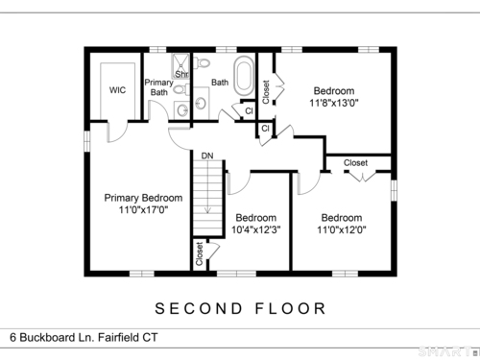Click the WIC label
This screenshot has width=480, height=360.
pyautogui.click(x=117, y=90)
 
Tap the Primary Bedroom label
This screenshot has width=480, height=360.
pyautogui.click(x=143, y=198)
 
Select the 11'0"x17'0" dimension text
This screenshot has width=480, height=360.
pyautogui.click(x=143, y=210)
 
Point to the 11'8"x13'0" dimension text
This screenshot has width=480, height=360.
pyautogui.click(x=334, y=103)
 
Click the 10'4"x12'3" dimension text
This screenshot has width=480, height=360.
pyautogui.click(x=256, y=229)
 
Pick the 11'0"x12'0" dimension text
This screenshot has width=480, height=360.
pyautogui.click(x=342, y=229)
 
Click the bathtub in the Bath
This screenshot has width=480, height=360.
pyautogui.click(x=244, y=76)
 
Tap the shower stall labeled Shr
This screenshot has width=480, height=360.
pyautogui.click(x=180, y=66)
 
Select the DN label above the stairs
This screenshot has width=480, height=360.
pyautogui.click(x=207, y=156)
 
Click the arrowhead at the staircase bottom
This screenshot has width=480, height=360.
pyautogui.click(x=207, y=210)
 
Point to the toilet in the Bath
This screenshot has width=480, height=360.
pyautogui.click(x=201, y=62)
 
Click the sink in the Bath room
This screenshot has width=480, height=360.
pyautogui.click(x=201, y=103)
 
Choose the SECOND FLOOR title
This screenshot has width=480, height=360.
pyautogui.click(x=240, y=308)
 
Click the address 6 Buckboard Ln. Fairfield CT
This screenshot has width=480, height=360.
pyautogui.click(x=84, y=337)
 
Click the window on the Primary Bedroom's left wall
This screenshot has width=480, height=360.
pyautogui.click(x=87, y=140)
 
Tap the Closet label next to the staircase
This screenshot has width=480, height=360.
pyautogui.click(x=199, y=253)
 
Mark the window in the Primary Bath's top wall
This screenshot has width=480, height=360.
pyautogui.click(x=158, y=50)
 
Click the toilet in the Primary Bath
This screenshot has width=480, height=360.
pyautogui.click(x=181, y=89)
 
